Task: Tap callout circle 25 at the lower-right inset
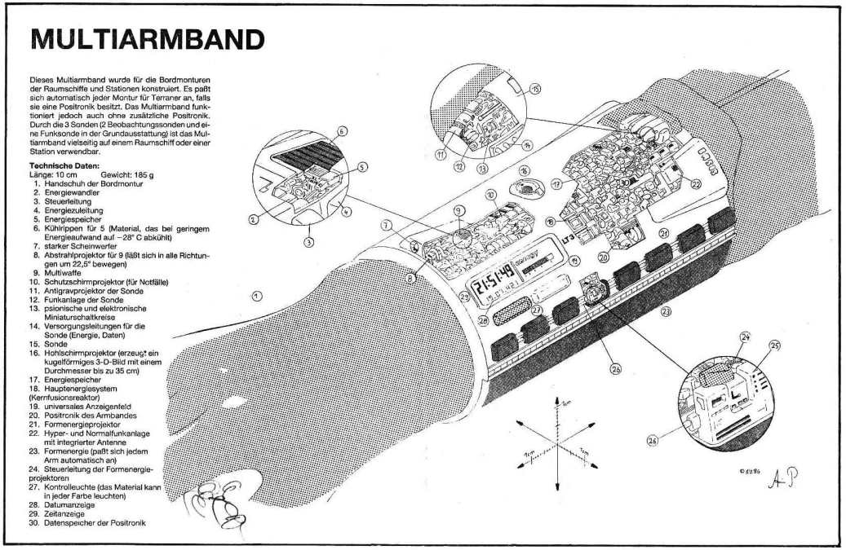coord(774,345)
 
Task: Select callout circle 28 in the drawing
coord(483,320)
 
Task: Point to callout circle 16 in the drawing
coord(525,171)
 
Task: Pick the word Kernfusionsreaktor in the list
coord(64,396)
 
